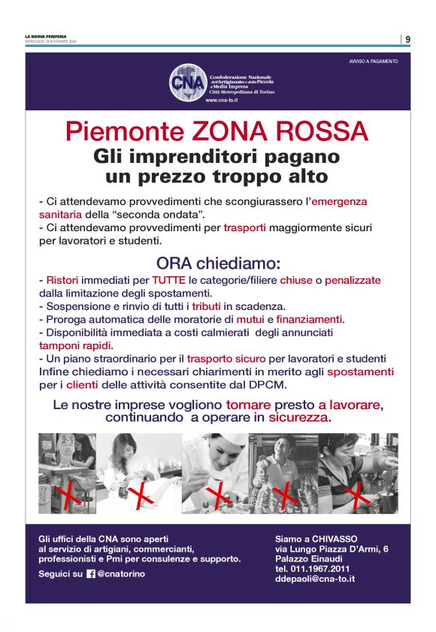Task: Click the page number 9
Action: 407,39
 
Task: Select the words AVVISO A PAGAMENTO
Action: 374,61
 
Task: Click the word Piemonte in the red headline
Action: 111,132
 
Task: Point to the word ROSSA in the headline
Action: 323,132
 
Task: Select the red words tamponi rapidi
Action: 75,346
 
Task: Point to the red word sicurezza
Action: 300,417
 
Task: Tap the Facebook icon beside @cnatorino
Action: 91,573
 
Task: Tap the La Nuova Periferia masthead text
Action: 45,36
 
